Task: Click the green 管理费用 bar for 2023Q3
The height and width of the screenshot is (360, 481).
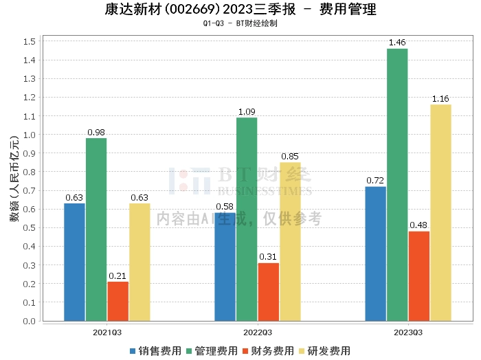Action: tap(397, 185)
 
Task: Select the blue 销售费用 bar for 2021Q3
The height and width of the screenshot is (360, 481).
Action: tap(74, 262)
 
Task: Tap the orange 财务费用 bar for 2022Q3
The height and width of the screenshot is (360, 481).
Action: tap(269, 292)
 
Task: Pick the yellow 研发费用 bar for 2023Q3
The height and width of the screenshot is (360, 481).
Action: tap(441, 213)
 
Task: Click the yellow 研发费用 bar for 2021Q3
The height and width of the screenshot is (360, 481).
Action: tap(139, 262)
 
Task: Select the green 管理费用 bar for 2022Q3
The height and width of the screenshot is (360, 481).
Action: tap(247, 219)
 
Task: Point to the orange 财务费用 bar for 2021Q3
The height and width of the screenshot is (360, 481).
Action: tap(118, 302)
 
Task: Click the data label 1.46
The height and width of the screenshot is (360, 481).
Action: tap(397, 43)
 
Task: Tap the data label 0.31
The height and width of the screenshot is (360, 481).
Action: tap(268, 257)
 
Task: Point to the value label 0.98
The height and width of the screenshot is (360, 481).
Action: tap(96, 132)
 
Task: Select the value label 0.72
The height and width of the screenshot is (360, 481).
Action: tap(375, 180)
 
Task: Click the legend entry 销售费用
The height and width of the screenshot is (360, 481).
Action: tap(155, 351)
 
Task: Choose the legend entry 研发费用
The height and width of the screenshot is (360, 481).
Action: tap(325, 351)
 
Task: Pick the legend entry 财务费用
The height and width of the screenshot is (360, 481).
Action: tap(269, 351)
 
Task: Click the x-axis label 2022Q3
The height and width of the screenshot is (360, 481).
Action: tap(258, 333)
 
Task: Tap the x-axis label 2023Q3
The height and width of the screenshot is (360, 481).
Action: tap(408, 333)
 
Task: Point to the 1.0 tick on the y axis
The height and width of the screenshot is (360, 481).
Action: tap(30, 135)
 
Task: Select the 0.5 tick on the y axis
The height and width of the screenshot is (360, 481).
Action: tap(30, 228)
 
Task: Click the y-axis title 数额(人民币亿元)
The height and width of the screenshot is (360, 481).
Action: tap(14, 179)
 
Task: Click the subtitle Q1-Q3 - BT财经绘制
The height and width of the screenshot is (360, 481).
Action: tap(240, 23)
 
